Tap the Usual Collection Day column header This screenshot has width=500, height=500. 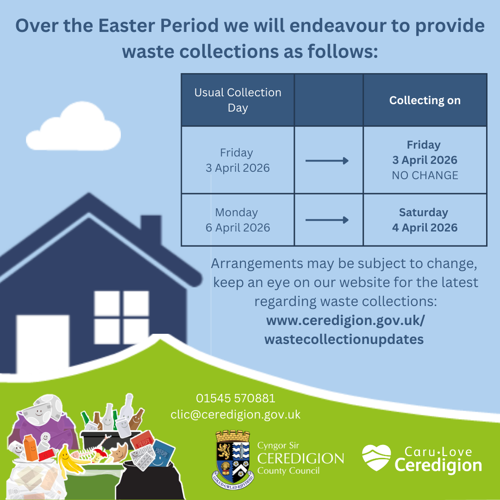point(237,100)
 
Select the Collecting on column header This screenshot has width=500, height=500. point(425,100)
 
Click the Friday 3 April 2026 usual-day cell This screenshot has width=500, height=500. point(237,160)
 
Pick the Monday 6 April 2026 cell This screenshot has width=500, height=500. point(237,220)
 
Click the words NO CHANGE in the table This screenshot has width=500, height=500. point(425,175)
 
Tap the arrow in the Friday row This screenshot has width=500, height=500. point(327,161)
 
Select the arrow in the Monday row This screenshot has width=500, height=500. point(327,220)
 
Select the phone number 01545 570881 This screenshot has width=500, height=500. point(235,398)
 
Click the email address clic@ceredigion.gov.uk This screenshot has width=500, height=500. point(235,414)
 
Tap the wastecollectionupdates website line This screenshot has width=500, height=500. point(344,339)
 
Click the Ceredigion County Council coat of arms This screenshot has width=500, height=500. point(233,456)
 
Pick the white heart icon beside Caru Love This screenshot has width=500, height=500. point(376,458)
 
